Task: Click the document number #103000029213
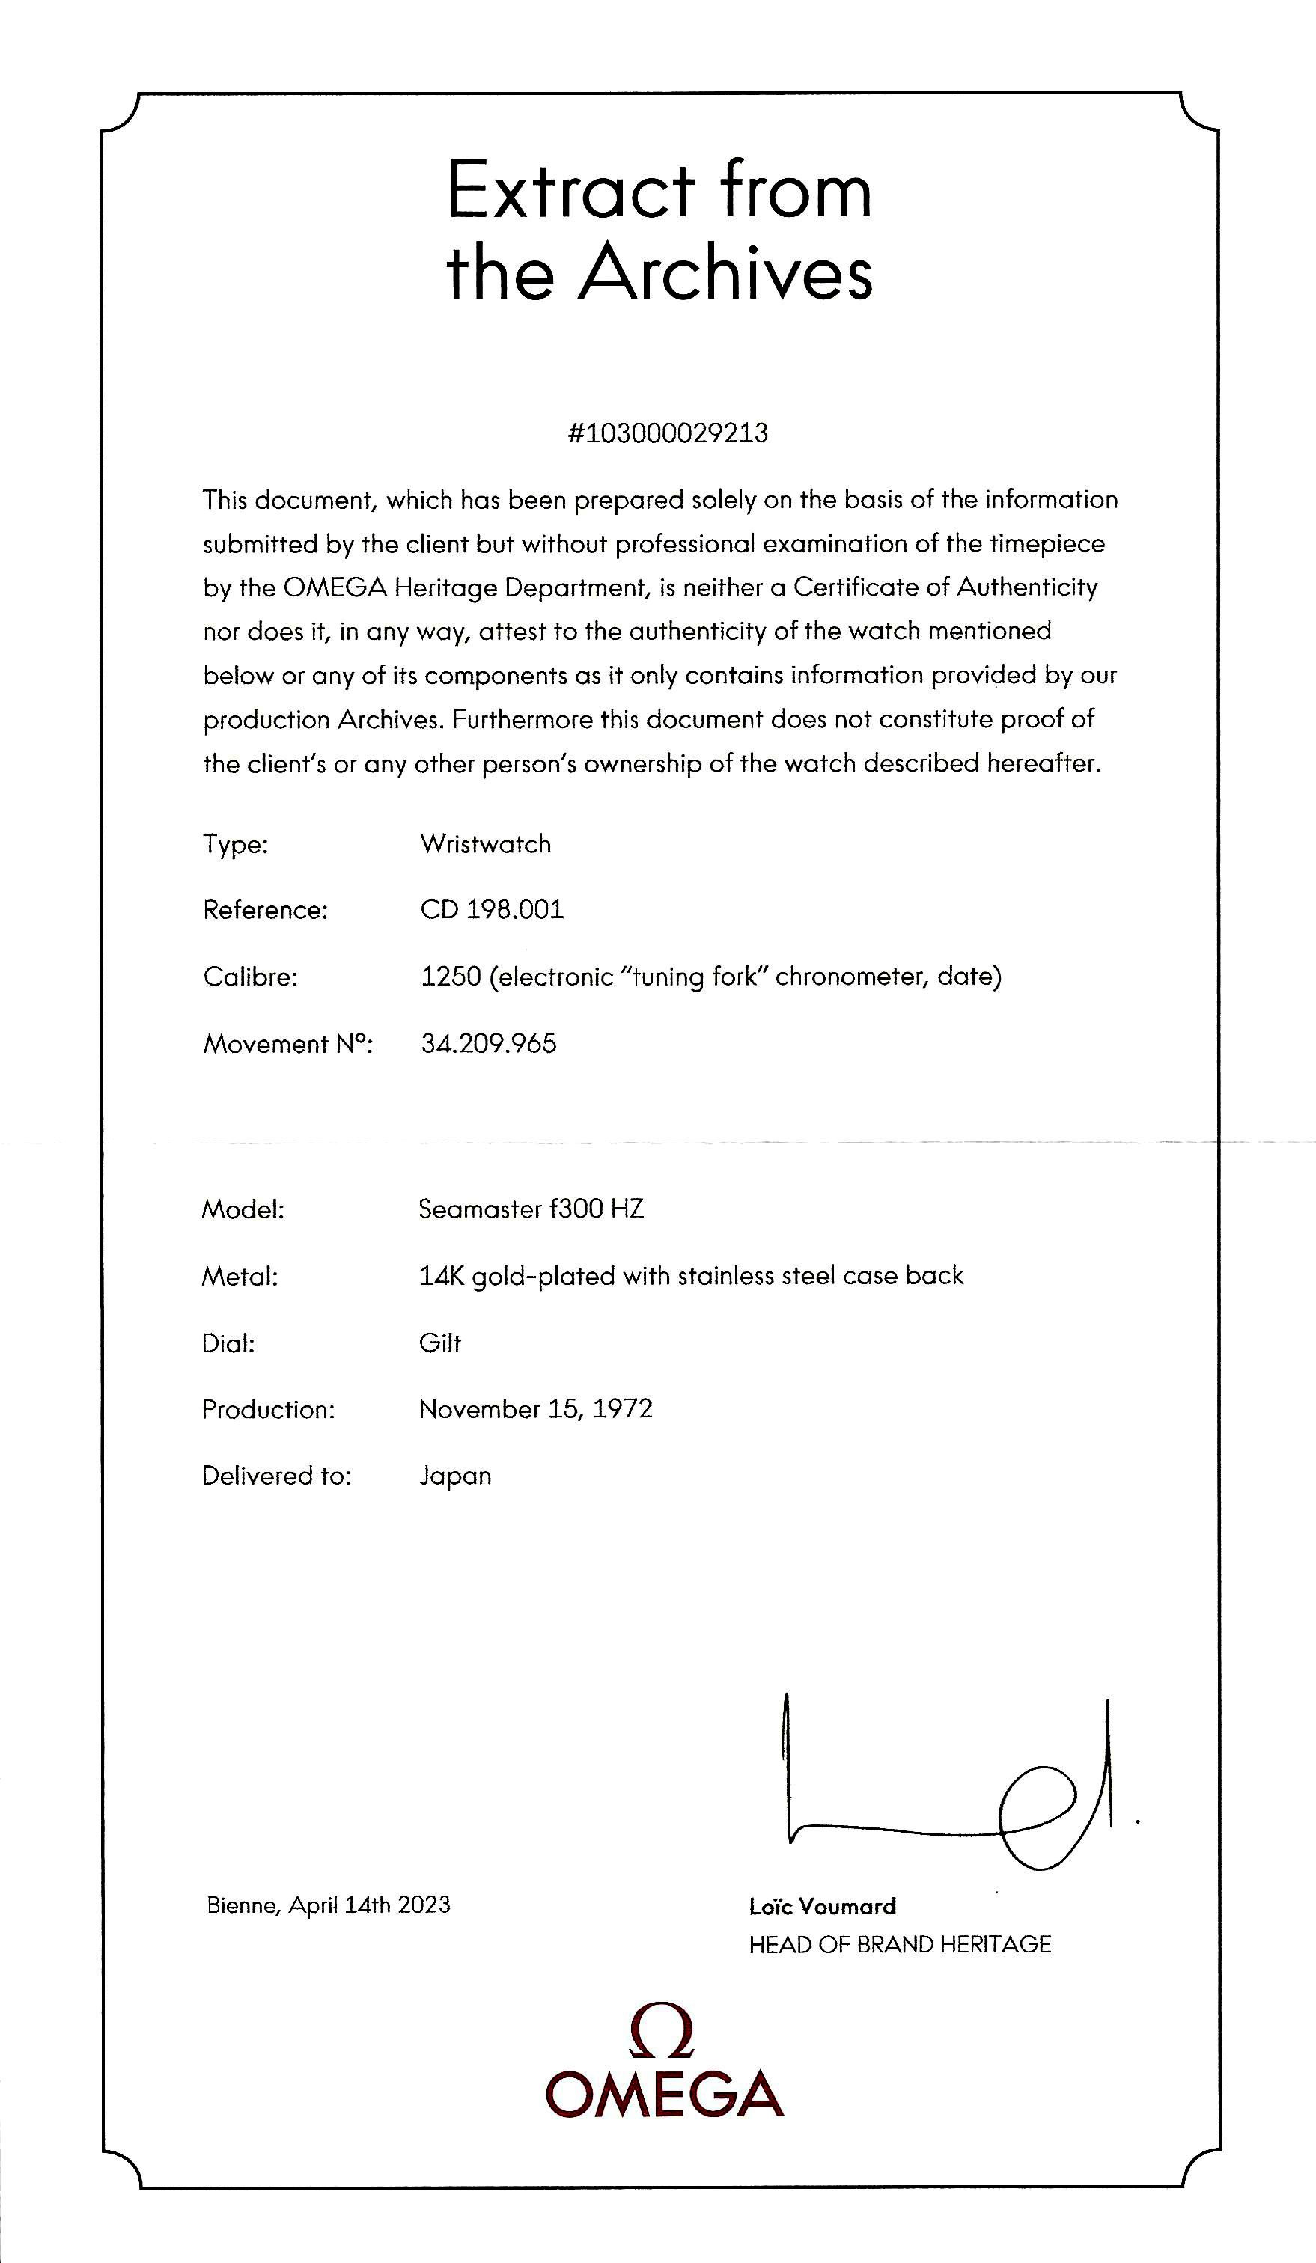668,434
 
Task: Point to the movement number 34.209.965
488,1042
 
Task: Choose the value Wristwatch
485,843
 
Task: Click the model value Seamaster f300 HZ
531,1209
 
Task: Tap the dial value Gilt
440,1343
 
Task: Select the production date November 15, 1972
535,1409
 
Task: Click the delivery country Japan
454,1476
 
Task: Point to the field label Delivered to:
275,1476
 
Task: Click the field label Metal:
240,1276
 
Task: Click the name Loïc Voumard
822,1907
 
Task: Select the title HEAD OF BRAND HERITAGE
899,1944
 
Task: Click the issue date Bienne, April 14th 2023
328,1905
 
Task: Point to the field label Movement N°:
287,1043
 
